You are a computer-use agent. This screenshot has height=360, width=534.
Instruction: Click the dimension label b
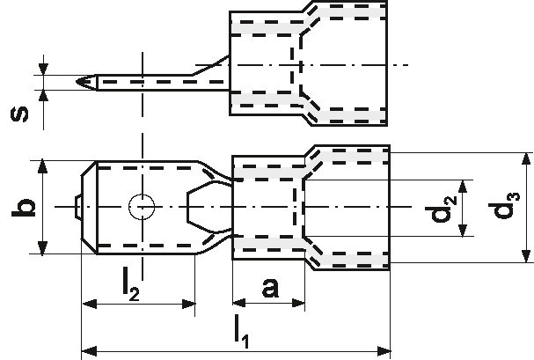pos(26,207)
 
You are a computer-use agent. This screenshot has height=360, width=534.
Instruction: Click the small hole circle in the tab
pos(141,207)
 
